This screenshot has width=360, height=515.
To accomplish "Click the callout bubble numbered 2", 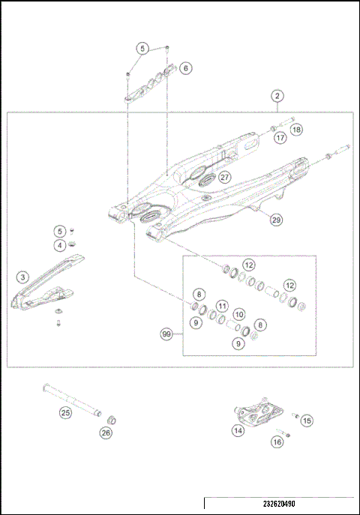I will point(277,96).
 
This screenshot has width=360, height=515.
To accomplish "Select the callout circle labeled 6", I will point(185,68).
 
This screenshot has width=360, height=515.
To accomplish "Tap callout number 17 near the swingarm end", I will point(280,138).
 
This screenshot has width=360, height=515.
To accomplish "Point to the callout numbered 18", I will point(297,130).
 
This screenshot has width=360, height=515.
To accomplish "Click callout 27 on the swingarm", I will point(224,177).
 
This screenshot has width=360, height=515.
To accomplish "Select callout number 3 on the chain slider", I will point(23,277).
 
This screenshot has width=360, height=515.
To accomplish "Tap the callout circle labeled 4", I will point(59,244).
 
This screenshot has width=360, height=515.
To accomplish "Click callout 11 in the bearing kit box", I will point(222,305).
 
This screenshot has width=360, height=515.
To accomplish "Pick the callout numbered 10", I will point(238,314).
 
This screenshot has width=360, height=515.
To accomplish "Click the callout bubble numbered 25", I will point(65,412).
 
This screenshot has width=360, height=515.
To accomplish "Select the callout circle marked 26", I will point(106,432).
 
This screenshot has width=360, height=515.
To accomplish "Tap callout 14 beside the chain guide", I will point(238,430).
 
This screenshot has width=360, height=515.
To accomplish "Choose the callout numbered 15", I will point(307,421).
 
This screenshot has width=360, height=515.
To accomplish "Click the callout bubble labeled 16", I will point(277,443).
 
